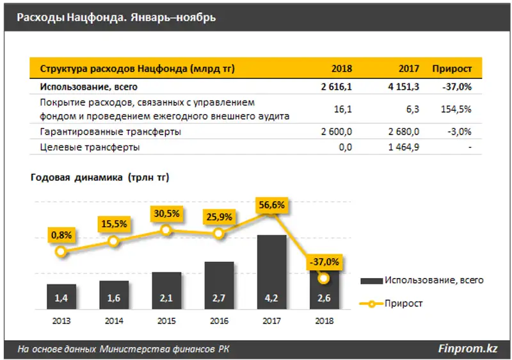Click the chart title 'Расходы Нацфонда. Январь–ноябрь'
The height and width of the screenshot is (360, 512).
click(x=116, y=17)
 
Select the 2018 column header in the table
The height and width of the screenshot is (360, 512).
click(x=342, y=69)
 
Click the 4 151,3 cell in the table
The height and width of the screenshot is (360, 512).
click(x=401, y=86)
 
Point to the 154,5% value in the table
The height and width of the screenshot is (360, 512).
click(x=457, y=110)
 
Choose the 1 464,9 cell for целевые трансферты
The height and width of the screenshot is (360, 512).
click(x=401, y=147)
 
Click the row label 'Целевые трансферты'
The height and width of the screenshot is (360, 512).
click(x=90, y=147)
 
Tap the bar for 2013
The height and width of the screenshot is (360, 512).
click(x=61, y=297)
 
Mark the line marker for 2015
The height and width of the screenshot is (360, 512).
click(x=166, y=230)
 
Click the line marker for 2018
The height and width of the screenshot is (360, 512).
click(x=324, y=278)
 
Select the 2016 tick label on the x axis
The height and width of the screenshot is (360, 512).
click(x=220, y=320)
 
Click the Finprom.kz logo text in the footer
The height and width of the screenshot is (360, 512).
click(x=467, y=348)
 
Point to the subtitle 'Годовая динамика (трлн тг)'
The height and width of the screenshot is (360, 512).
click(x=99, y=177)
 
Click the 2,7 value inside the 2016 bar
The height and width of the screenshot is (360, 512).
click(x=220, y=297)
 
